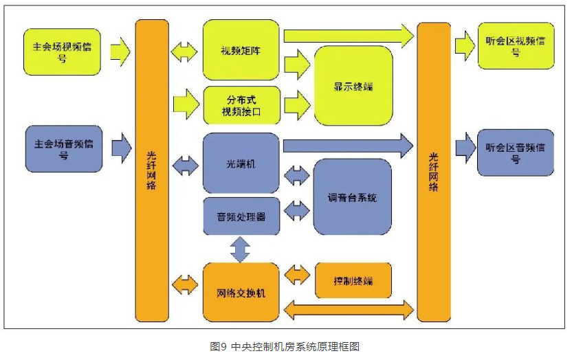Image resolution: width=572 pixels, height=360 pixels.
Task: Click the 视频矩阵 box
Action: [x=241, y=49]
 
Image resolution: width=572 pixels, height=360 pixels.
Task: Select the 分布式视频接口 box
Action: [x=241, y=104]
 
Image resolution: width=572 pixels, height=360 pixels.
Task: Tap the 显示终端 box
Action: [x=353, y=86]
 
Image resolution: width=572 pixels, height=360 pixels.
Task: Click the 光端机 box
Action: [x=241, y=164]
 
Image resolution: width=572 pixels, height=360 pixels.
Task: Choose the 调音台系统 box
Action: [x=353, y=197]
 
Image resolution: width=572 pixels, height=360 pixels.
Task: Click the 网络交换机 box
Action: [x=241, y=292]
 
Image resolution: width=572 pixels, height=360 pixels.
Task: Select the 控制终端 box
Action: [x=353, y=280]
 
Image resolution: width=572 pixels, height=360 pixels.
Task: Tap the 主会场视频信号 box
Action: [x=62, y=52]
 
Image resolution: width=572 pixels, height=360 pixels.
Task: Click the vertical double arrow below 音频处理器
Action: [x=240, y=249]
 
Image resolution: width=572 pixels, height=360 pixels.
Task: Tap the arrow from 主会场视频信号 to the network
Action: [x=120, y=50]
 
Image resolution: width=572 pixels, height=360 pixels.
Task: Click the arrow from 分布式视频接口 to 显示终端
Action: [x=296, y=104]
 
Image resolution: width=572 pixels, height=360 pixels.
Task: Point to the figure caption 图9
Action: [x=285, y=346]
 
